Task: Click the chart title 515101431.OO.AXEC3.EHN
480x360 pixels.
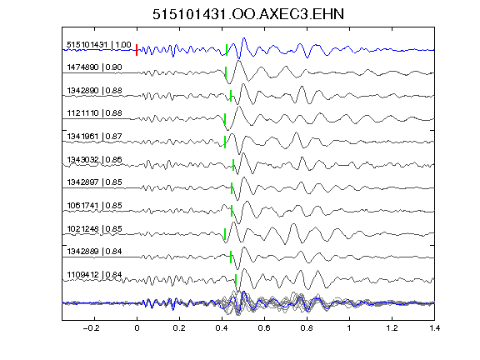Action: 248,14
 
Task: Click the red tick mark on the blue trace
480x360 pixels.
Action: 137,50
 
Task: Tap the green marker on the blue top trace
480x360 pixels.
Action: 227,50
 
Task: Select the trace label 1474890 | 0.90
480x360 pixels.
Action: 95,67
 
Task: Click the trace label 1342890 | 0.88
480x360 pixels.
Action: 95,91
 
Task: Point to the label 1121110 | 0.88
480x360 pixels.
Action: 95,113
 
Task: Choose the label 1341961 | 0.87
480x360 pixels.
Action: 95,136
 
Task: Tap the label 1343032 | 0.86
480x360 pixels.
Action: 95,159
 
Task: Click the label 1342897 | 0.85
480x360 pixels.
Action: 95,182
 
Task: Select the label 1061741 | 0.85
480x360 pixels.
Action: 95,205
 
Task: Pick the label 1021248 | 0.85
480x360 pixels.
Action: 95,228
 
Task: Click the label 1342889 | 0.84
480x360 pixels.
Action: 95,252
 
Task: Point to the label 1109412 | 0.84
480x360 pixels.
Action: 95,275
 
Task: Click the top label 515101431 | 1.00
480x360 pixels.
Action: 99,45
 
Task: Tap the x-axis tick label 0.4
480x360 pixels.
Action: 222,328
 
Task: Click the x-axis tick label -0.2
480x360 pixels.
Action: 92,328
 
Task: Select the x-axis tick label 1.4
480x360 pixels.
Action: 434,328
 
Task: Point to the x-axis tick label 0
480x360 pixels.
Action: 137,328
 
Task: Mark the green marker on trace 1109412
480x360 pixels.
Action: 236,280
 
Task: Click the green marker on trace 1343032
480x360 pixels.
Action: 233,165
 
